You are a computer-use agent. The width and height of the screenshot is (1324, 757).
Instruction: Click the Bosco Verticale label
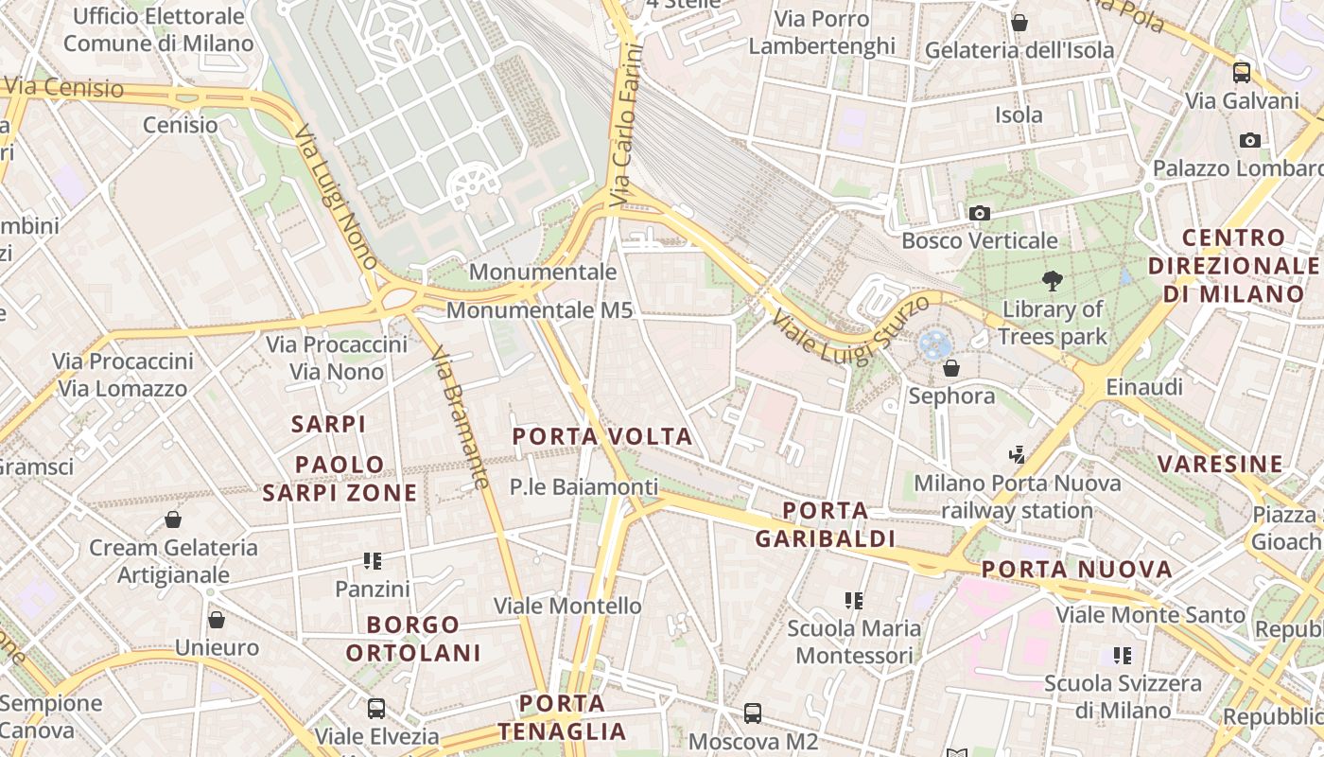(979, 240)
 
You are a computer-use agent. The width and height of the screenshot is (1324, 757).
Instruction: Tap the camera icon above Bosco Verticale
(980, 214)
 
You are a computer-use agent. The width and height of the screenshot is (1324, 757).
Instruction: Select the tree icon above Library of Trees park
(1051, 281)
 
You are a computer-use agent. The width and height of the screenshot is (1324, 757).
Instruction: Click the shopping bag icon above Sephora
(951, 368)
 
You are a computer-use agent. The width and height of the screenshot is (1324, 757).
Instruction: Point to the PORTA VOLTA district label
(602, 436)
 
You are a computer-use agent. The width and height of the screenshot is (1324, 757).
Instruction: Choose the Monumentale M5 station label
(539, 309)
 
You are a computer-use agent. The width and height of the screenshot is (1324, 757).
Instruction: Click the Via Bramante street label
(460, 417)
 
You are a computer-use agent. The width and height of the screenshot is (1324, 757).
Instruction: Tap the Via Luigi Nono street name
(337, 198)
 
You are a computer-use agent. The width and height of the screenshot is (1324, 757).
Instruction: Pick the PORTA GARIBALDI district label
(826, 525)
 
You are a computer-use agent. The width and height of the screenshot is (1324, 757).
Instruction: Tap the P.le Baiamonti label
(584, 487)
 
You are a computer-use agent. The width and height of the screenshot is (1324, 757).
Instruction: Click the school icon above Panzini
(373, 562)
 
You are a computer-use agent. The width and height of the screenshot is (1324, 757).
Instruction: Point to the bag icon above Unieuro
(217, 621)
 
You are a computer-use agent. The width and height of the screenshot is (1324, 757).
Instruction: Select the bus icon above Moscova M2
(753, 713)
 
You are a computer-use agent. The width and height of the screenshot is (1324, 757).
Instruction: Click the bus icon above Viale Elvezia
(376, 708)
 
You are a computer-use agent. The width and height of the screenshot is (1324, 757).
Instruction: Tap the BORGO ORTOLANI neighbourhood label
(413, 639)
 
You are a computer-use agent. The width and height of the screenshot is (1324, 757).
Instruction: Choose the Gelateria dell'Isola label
(1019, 50)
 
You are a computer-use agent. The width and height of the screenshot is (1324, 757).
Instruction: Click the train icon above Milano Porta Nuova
(1017, 456)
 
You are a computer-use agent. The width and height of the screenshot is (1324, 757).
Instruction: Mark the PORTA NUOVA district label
(1076, 570)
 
